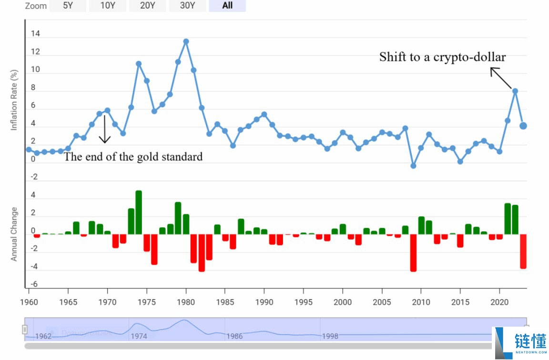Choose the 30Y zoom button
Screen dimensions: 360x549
pos(187,6)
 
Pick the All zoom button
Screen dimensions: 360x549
pos(227,6)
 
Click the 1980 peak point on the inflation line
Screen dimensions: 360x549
pos(186,41)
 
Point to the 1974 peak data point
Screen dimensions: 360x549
pos(139,63)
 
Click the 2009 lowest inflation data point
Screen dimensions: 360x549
pos(413,166)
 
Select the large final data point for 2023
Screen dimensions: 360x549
pos(523,126)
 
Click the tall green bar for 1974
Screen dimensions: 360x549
pos(139,212)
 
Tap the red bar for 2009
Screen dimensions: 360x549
pos(413,252)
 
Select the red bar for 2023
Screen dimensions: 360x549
pos(523,251)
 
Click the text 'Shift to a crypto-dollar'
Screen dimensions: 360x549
pos(442,57)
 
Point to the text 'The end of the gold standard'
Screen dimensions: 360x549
pos(133,157)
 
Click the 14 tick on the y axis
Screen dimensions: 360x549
pos(35,34)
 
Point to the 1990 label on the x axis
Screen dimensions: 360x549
pos(264,302)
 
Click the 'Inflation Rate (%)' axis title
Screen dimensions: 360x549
pos(14,100)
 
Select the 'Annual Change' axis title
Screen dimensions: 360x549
pos(14,234)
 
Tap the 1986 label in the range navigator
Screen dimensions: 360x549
pos(234,336)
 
